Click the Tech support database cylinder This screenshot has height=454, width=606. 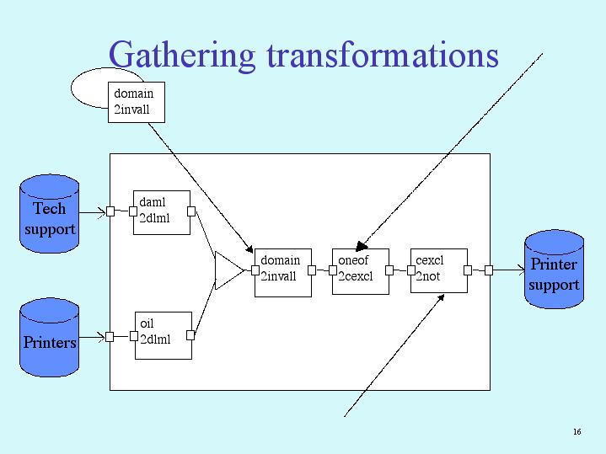(x=50, y=214)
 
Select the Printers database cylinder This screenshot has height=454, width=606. (x=50, y=337)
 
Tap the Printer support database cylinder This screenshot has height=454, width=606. (x=555, y=270)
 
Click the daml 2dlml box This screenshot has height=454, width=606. (x=162, y=212)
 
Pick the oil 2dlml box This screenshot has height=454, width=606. (x=164, y=335)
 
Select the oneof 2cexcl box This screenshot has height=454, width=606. (x=361, y=271)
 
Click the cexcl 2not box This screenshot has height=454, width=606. (x=438, y=270)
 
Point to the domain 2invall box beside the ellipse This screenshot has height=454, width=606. (x=137, y=103)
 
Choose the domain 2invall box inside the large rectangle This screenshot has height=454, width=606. (x=283, y=273)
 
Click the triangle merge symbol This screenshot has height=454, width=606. (x=228, y=271)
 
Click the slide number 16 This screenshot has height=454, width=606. (x=577, y=431)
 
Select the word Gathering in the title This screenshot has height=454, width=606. (x=182, y=56)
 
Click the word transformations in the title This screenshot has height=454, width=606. (x=383, y=56)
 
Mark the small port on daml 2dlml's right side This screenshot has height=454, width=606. (x=191, y=211)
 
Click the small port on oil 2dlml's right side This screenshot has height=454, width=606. (x=190, y=335)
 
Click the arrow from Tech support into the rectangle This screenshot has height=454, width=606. (x=93, y=212)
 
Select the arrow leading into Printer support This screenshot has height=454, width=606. (x=509, y=270)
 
